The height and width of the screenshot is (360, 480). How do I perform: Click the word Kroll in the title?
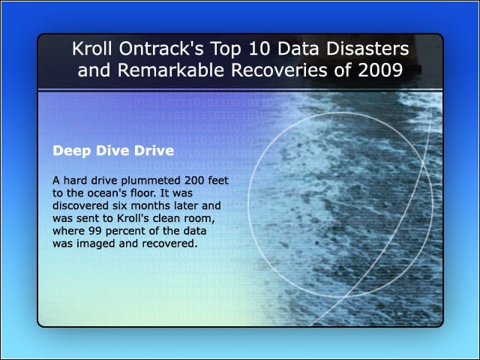point(92,49)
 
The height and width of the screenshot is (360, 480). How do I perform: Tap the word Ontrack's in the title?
point(161,49)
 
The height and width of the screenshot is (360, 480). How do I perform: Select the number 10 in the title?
point(259,49)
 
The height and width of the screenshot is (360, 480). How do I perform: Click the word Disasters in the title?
point(367,49)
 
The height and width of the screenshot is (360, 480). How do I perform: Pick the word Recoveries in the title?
point(279,70)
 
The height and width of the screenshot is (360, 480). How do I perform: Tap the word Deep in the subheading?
point(72,151)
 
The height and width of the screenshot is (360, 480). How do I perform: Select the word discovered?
point(80,205)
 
